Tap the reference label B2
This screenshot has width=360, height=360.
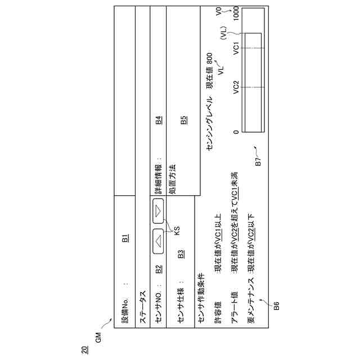pos(159,269)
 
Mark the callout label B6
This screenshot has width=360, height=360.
pos(276,307)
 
